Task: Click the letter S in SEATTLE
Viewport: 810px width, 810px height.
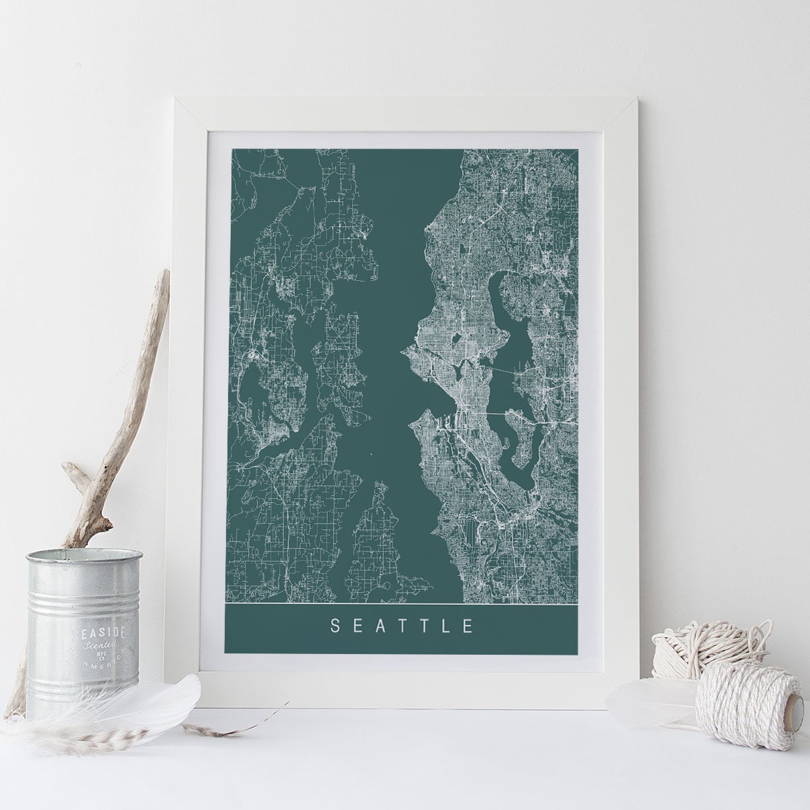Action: click(x=333, y=626)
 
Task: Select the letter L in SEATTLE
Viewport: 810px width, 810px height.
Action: click(x=446, y=626)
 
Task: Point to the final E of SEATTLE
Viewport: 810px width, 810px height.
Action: click(x=468, y=626)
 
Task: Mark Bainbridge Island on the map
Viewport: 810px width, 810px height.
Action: click(x=337, y=351)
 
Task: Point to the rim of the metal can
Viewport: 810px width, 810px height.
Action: click(x=84, y=557)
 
